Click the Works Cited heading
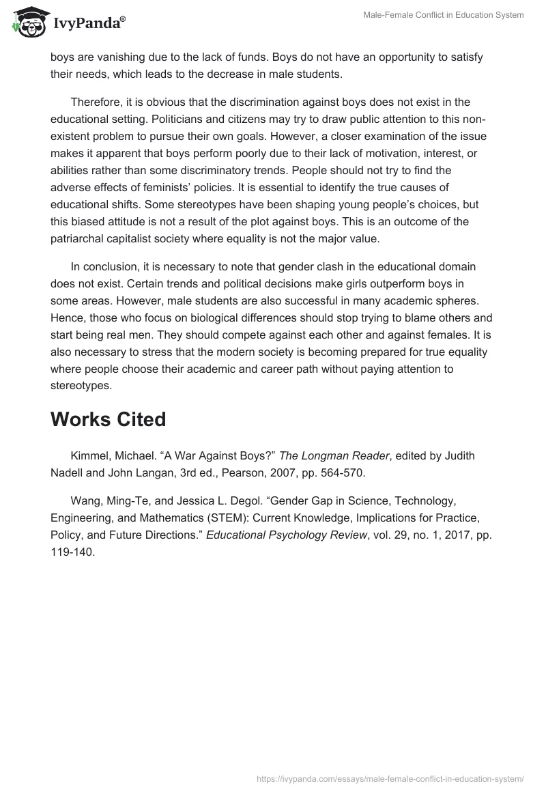click(x=108, y=419)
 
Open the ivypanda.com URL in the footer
click(x=390, y=778)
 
